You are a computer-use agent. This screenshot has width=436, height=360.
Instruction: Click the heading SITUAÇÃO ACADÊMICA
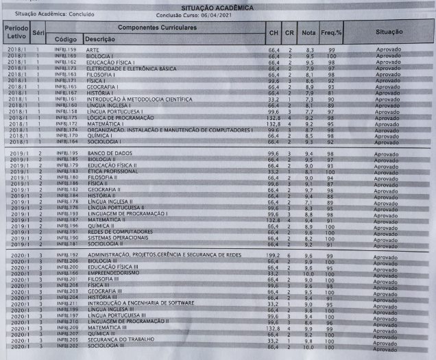tap(217, 7)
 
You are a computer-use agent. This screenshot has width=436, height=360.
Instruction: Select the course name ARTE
tap(93, 49)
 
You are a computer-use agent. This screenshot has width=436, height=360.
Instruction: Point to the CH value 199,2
tap(274, 254)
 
